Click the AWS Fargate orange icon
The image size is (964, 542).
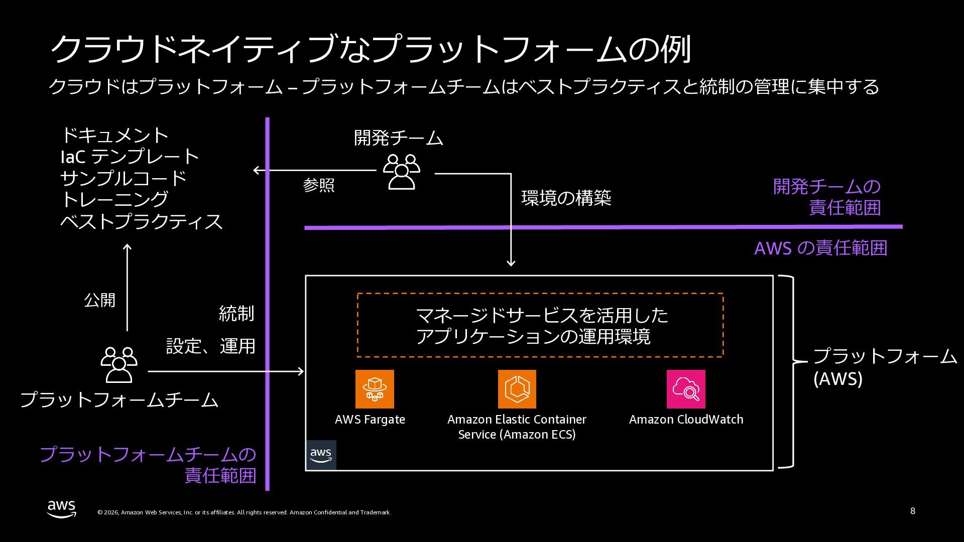pos(375,389)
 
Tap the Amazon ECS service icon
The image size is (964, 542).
pos(517,389)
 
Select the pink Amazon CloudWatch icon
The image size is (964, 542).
pos(686,389)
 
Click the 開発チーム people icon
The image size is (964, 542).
pos(401,172)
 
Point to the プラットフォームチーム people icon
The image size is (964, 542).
pos(119,365)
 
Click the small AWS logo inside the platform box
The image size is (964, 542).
pos(321,455)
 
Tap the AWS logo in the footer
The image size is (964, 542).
pos(62,508)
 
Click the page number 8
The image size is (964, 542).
pos(912,511)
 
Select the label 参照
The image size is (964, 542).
pos(319,185)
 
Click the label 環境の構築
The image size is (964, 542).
pos(566,198)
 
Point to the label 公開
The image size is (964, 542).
pos(99,300)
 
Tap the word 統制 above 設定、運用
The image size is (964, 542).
pos(236,314)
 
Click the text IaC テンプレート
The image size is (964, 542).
pos(130,157)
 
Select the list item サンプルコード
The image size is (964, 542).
pos(124,178)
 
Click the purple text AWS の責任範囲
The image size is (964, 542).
pos(820,248)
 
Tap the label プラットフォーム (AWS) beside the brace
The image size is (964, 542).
pos(885,367)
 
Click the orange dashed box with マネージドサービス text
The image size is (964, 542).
pos(540,325)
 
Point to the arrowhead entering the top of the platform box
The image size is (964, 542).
pos(511,262)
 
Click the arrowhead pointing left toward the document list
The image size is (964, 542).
pos(257,170)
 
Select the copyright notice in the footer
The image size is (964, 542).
pos(244,512)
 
